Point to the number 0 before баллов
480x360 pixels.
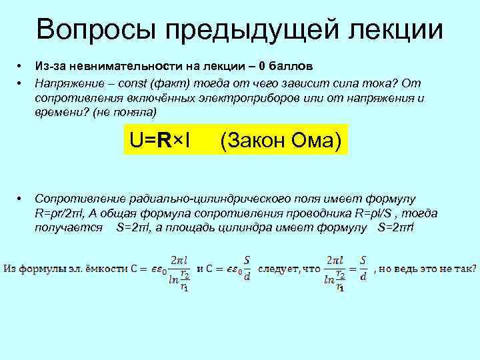(x=263, y=67)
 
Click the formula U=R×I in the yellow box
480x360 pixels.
(x=161, y=141)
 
